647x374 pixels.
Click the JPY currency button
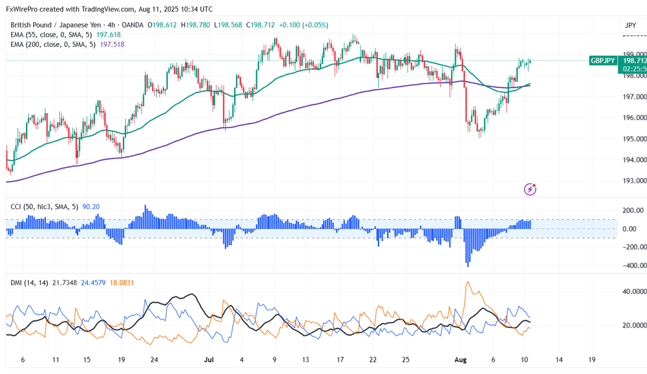coord(630,26)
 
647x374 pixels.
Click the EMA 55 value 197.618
coord(108,35)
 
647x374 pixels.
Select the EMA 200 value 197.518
coord(112,44)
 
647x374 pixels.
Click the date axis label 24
coord(154,360)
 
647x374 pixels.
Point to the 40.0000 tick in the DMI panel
coord(633,292)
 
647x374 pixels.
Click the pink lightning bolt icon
coord(530,189)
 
